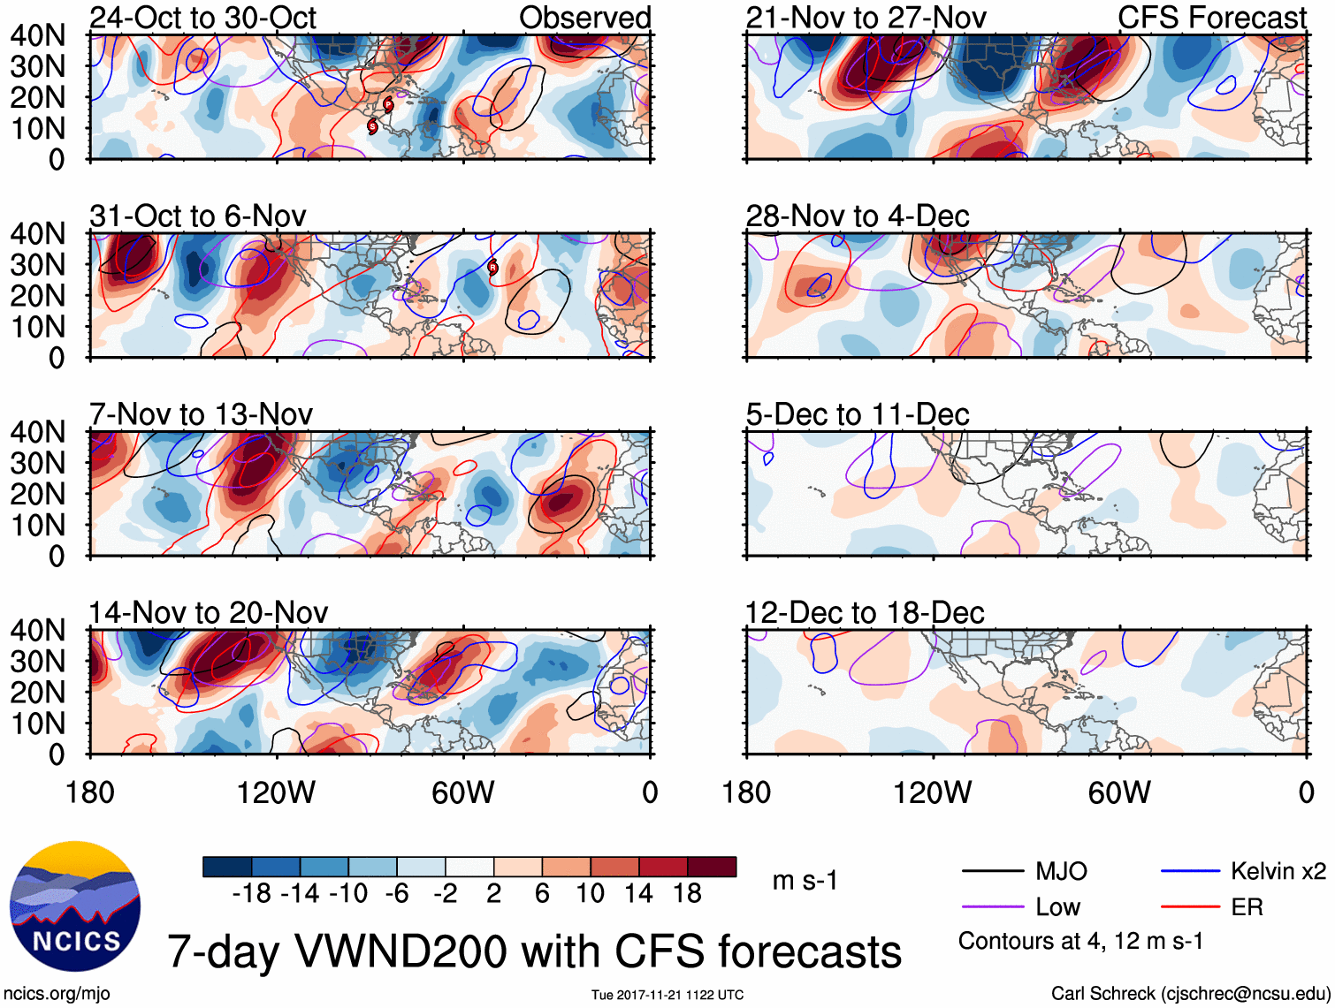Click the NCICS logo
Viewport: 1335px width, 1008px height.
[74, 906]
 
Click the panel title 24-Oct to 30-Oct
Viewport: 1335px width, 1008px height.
[202, 18]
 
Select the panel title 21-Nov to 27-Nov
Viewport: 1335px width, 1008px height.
[866, 18]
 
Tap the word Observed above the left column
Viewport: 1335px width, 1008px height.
[584, 18]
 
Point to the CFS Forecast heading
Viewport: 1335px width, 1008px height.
[1211, 18]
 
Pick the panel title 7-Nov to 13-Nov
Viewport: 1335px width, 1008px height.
[201, 414]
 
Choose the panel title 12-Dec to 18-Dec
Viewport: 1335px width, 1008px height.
[864, 613]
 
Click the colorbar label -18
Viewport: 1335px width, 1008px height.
[251, 894]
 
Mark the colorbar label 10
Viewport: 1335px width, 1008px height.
[590, 894]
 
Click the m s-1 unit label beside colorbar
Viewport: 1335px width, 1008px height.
[805, 881]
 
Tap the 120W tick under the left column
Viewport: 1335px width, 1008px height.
[276, 792]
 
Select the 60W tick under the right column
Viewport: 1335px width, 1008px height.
[1119, 792]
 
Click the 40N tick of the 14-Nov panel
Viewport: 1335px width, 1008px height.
[37, 631]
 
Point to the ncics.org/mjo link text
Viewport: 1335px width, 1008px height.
[57, 994]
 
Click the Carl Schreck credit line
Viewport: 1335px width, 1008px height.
[1189, 994]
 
